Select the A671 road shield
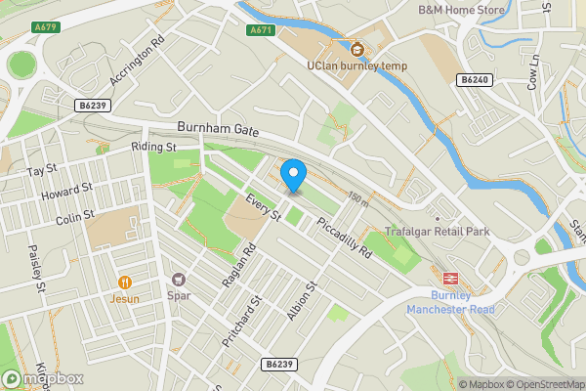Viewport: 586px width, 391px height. (260, 30)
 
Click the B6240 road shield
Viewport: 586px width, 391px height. (475, 80)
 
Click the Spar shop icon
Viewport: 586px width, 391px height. (178, 279)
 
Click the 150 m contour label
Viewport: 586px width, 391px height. (357, 199)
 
